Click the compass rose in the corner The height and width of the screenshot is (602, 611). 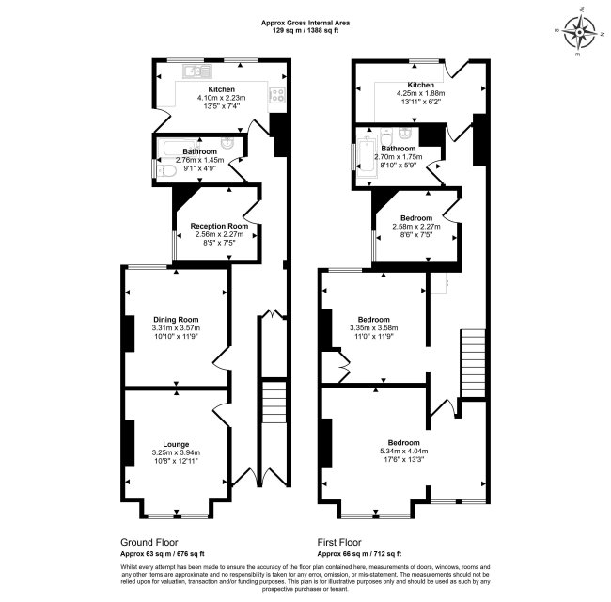(x=580, y=33)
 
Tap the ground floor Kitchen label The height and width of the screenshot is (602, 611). (x=221, y=89)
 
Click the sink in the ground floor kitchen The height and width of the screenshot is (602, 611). (x=197, y=71)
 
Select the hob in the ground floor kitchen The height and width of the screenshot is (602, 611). (x=278, y=95)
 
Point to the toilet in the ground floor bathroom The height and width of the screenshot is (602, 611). (x=164, y=171)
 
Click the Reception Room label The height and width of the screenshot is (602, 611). (x=219, y=226)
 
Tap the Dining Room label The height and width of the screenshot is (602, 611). (x=176, y=319)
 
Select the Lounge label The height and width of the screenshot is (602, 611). (x=176, y=444)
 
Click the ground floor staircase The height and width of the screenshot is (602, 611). (x=274, y=402)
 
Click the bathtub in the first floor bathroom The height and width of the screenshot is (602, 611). (x=366, y=155)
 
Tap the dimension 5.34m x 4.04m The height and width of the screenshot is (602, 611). (x=403, y=451)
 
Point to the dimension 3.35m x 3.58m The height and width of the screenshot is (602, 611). (x=374, y=328)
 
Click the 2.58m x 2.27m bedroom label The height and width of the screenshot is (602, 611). (x=416, y=218)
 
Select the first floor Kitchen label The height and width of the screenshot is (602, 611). (x=420, y=85)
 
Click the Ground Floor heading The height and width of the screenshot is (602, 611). (x=149, y=542)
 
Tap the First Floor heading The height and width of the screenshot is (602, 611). (x=339, y=542)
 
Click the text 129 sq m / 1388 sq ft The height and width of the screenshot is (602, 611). (x=305, y=30)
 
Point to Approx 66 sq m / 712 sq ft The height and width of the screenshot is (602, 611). (x=359, y=554)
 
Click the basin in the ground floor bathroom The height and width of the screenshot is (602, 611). (x=227, y=143)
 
